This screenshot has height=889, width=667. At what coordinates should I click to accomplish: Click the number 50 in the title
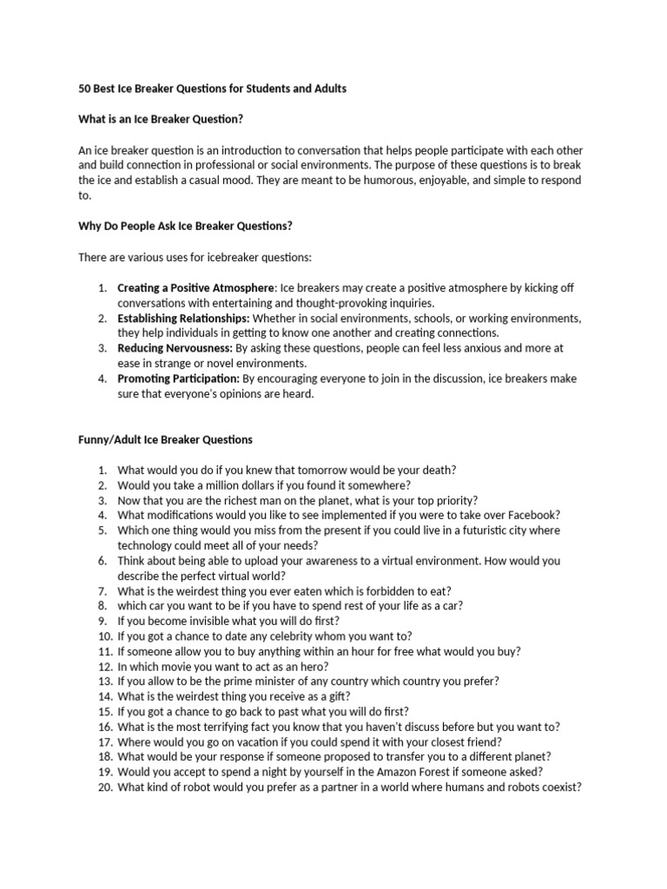[x=85, y=89]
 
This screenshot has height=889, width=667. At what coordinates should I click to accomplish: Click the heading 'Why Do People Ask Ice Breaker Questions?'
[x=185, y=227]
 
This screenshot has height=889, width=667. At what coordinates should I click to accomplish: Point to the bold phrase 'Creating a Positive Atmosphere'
[x=195, y=287]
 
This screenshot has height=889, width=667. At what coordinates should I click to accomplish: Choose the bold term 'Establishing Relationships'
[x=182, y=318]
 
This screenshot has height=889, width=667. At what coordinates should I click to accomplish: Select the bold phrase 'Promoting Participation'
[x=178, y=379]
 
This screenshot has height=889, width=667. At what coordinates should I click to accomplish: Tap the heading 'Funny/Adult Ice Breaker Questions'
[x=166, y=440]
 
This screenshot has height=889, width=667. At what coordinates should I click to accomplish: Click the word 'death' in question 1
[x=435, y=470]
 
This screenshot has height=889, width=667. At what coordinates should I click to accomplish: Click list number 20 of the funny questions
[x=103, y=787]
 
